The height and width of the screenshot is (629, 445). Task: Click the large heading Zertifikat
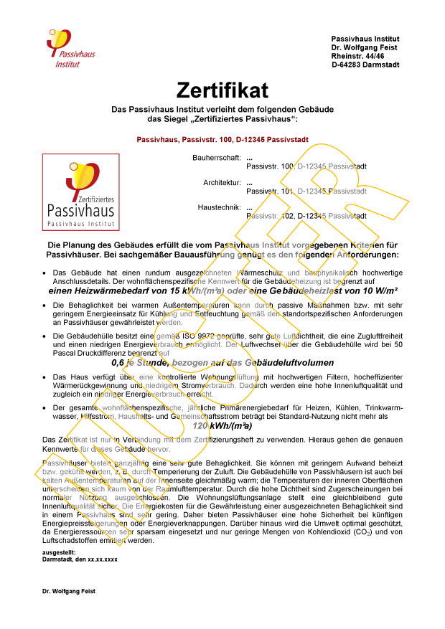(x=222, y=90)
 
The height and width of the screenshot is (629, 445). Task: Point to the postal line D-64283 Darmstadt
(x=365, y=65)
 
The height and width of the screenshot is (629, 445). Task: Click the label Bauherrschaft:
(x=216, y=158)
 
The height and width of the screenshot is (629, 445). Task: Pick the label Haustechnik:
(x=219, y=207)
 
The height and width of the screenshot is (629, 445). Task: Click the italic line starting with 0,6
(x=222, y=363)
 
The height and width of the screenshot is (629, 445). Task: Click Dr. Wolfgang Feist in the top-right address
(x=365, y=47)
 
